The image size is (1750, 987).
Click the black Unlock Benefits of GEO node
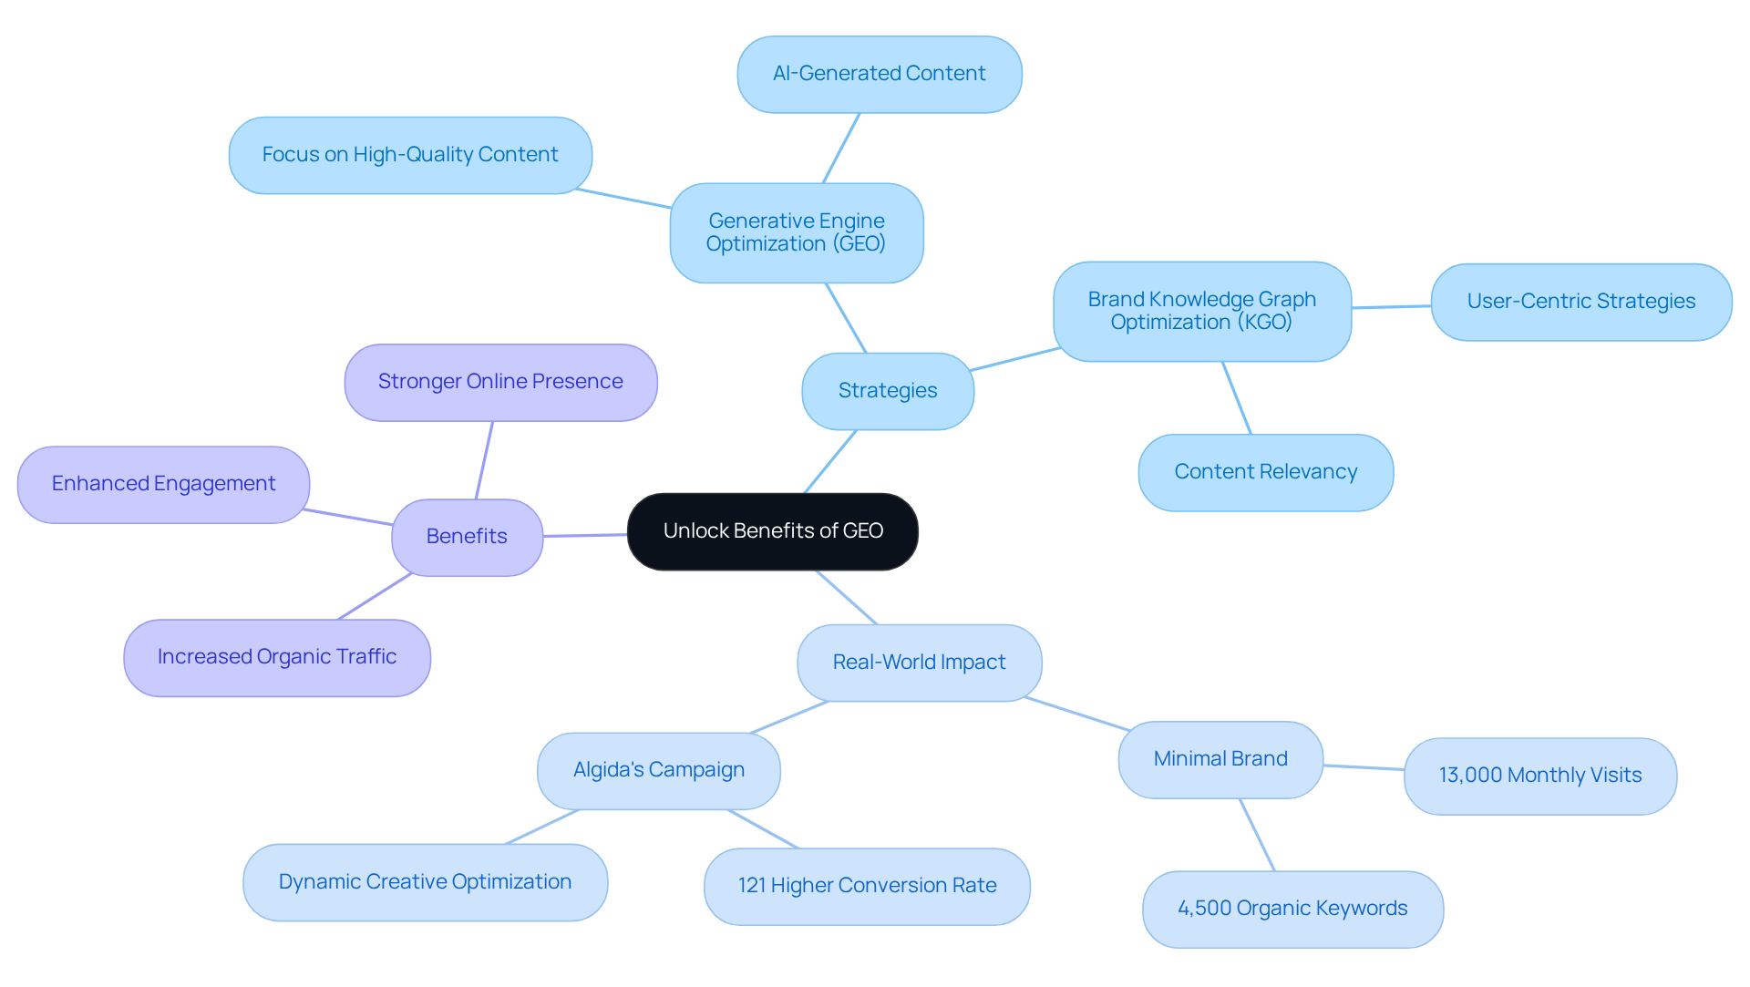click(x=772, y=531)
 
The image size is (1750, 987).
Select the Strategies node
click(x=887, y=391)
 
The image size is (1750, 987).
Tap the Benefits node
click(x=467, y=537)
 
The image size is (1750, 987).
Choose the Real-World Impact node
click(x=919, y=663)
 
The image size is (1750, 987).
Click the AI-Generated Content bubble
click(x=879, y=74)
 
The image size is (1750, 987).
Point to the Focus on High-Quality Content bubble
click(x=410, y=155)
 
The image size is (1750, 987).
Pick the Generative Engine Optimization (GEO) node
click(x=796, y=232)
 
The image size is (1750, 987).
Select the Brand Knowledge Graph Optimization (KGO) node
click(x=1201, y=311)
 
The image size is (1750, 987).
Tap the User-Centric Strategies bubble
click(x=1580, y=302)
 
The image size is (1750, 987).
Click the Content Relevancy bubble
click(x=1265, y=472)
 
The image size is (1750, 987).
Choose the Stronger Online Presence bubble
click(x=500, y=382)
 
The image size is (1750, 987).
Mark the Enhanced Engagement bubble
click(x=163, y=484)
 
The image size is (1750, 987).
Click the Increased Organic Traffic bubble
click(x=276, y=657)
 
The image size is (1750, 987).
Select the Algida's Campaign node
click(x=658, y=770)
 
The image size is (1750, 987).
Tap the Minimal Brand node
click(x=1220, y=759)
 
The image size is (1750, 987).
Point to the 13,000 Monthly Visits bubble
click(x=1539, y=776)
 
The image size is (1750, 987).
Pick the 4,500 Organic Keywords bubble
click(x=1292, y=909)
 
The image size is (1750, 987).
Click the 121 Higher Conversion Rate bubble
click(x=867, y=886)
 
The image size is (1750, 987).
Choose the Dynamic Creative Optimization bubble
click(x=425, y=882)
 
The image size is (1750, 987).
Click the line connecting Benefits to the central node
click(x=585, y=535)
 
